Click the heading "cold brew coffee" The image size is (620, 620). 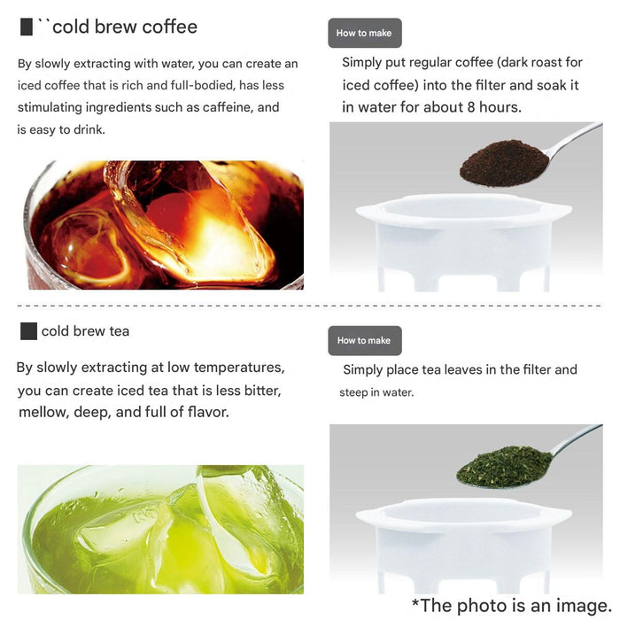[x=125, y=27]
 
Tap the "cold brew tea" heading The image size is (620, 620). [x=85, y=331]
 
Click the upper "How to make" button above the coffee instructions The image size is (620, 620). [x=365, y=33]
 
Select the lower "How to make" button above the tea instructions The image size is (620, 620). [x=365, y=340]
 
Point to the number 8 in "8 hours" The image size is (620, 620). [x=471, y=107]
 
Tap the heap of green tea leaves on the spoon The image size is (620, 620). [x=504, y=467]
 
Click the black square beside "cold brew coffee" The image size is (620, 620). [x=27, y=27]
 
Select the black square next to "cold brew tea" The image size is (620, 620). [x=28, y=331]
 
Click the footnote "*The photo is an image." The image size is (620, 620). [x=511, y=605]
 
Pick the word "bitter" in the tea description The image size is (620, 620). [x=262, y=391]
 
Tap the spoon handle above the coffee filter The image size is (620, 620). [x=574, y=139]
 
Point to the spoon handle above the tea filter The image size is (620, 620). [x=577, y=440]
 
